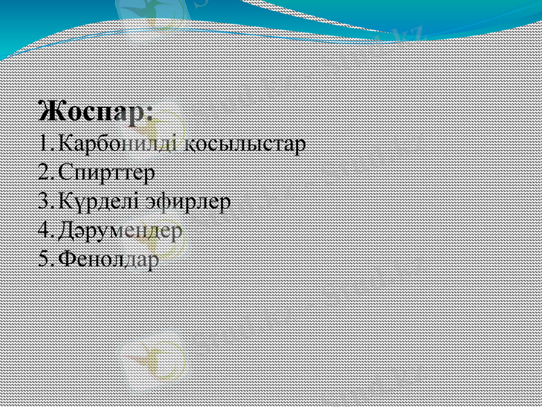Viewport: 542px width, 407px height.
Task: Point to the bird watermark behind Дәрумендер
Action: (x=152, y=234)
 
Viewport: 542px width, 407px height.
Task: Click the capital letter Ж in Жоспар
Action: (x=49, y=111)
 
